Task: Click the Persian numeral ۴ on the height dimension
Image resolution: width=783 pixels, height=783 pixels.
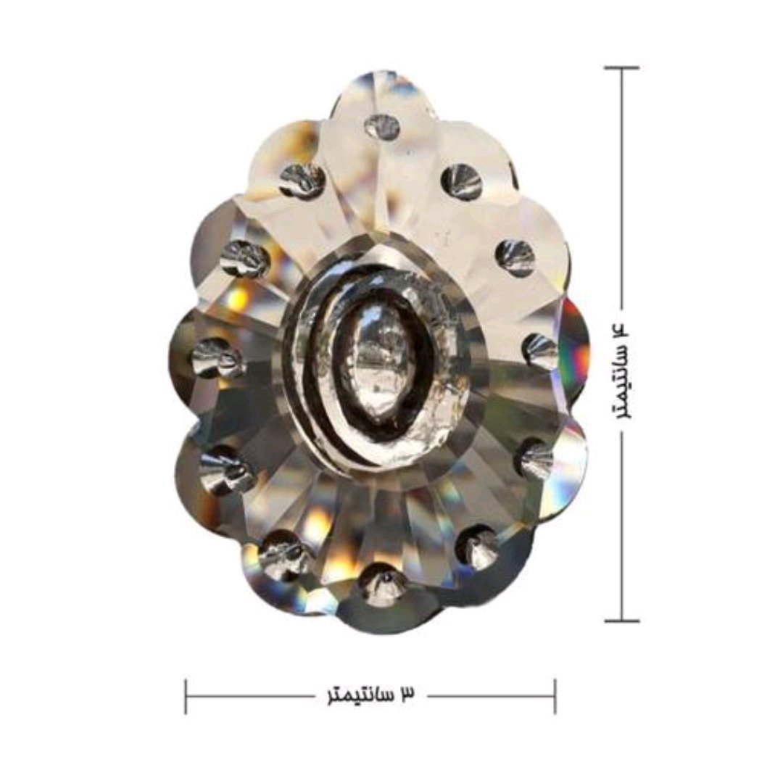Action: [622, 330]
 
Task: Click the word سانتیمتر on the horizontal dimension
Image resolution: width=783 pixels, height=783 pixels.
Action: [357, 695]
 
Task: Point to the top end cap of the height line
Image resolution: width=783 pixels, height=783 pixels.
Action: [622, 67]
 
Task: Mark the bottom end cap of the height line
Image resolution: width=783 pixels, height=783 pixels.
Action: [622, 621]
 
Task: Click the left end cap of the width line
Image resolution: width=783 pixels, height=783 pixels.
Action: [186, 696]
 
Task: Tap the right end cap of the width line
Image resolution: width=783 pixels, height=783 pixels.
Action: [555, 696]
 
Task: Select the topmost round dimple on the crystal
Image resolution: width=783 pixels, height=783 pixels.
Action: [383, 126]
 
